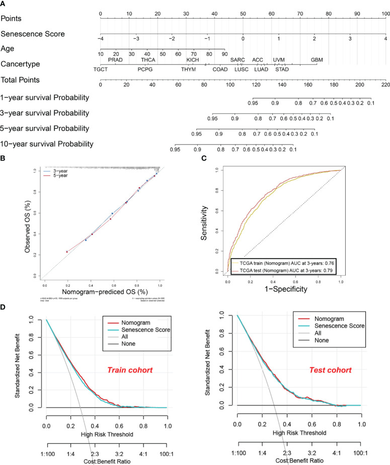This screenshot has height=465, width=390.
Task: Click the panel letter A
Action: click(4, 4)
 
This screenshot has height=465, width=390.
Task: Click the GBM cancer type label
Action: click(317, 60)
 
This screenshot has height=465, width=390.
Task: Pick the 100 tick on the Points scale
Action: click(385, 13)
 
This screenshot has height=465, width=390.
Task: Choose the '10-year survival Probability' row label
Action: click(47, 144)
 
